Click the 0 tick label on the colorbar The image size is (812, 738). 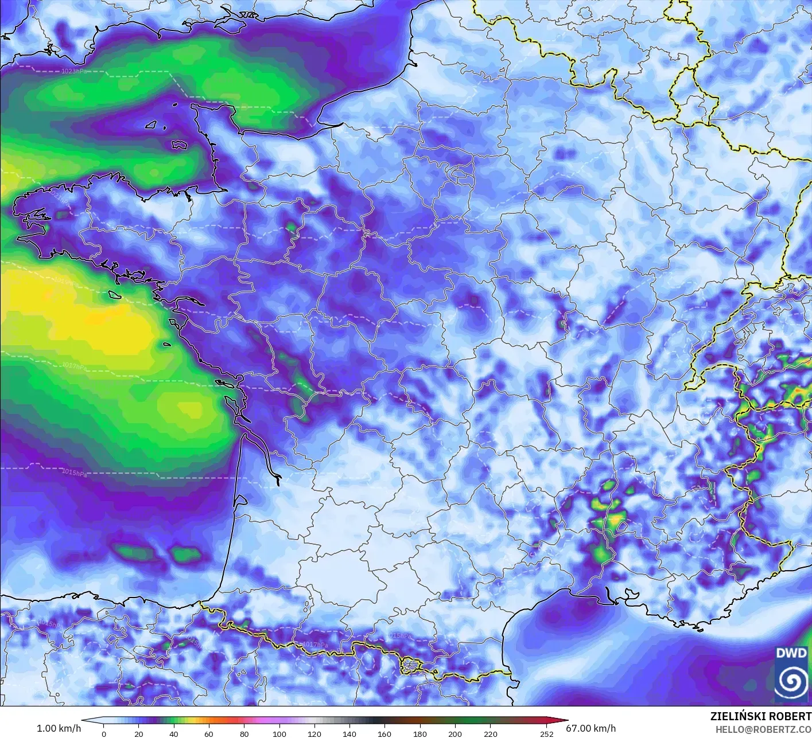tap(104, 733)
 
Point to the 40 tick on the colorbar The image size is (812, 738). tap(174, 733)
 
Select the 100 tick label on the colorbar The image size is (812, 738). tap(279, 733)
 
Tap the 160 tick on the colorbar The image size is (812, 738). tap(384, 733)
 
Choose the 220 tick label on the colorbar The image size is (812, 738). tap(490, 733)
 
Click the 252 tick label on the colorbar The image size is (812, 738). tap(546, 733)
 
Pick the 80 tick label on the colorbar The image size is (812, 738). tap(244, 733)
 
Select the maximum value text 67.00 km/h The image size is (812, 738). tap(590, 728)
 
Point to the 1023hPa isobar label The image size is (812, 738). tap(75, 72)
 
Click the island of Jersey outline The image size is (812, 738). tap(179, 146)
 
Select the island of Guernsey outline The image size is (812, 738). tap(152, 124)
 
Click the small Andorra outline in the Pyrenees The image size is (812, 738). tap(411, 666)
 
